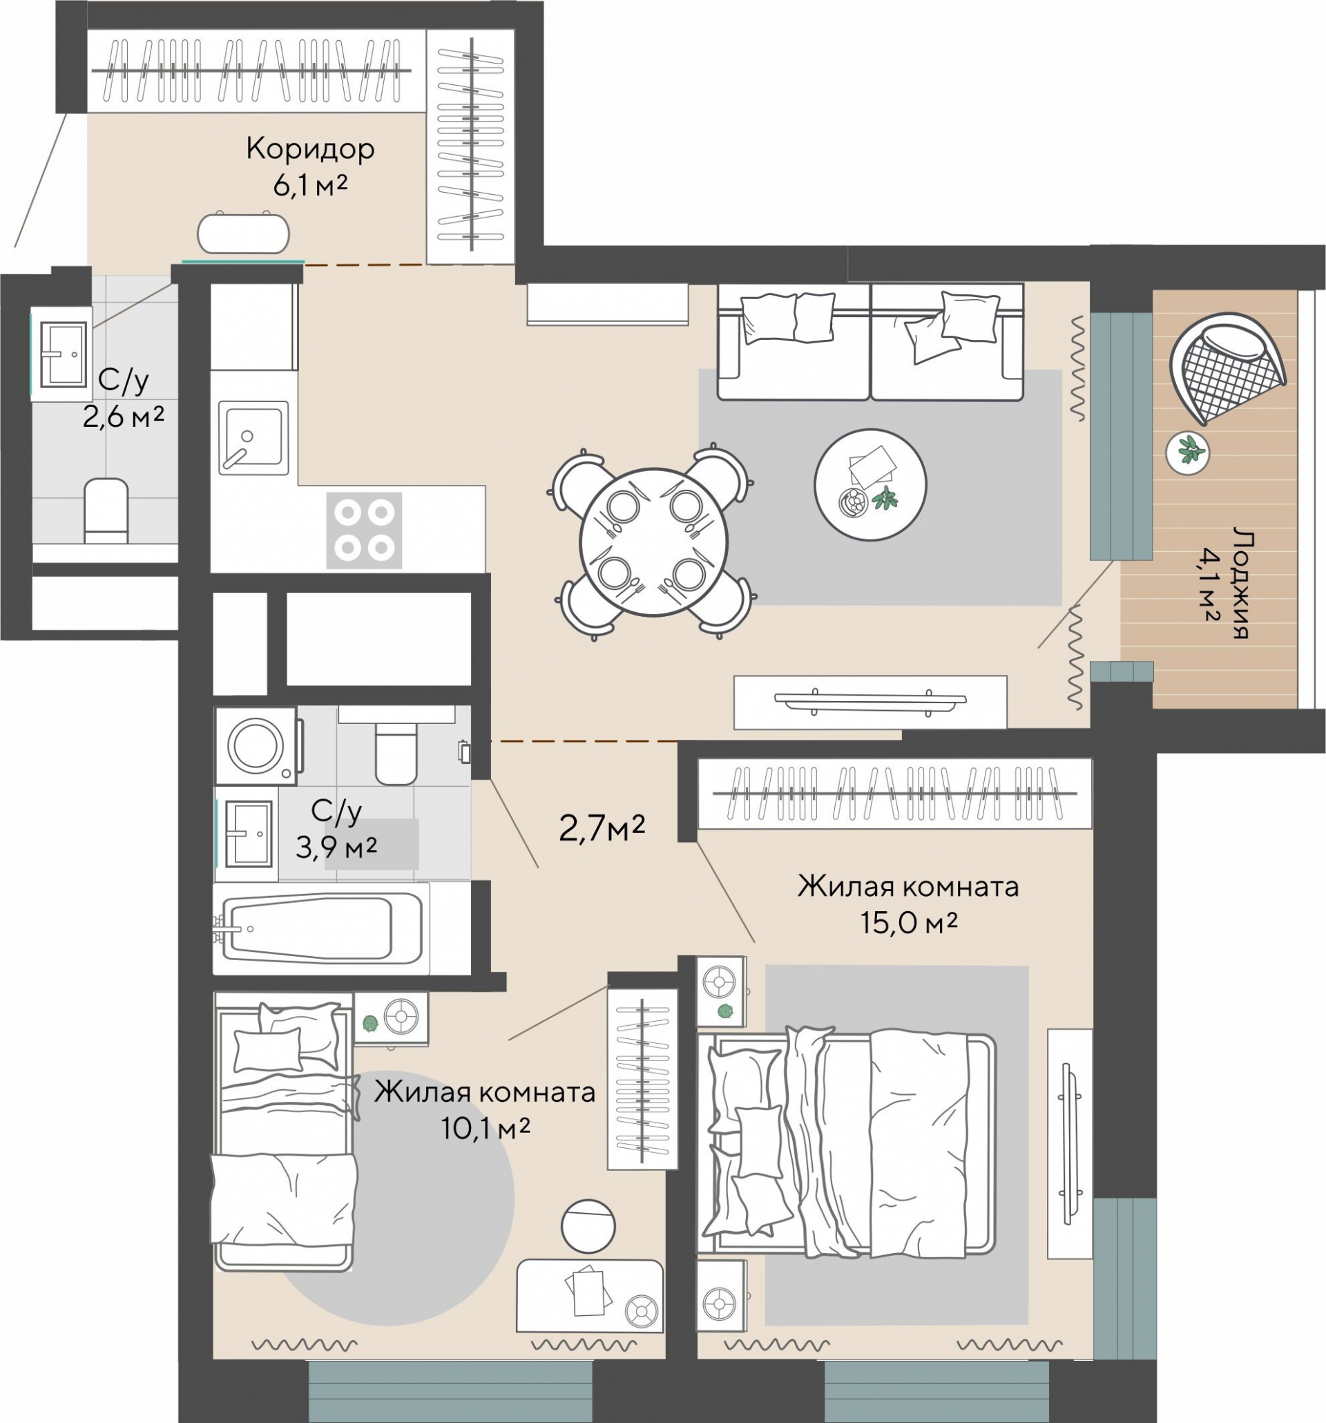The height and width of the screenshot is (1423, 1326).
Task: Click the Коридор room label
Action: [310, 150]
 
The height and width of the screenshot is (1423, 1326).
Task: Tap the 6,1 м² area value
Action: [310, 186]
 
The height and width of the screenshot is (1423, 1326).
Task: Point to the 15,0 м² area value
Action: [908, 923]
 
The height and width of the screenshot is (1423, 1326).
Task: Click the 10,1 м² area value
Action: [486, 1129]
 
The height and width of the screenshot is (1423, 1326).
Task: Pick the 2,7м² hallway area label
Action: [602, 829]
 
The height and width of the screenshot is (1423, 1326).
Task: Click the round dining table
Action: [653, 542]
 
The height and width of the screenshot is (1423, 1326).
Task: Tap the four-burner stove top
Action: [364, 531]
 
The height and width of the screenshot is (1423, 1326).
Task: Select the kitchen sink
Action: [253, 437]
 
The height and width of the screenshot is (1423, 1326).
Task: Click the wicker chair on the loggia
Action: [1226, 367]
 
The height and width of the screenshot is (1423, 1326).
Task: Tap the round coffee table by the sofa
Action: [870, 485]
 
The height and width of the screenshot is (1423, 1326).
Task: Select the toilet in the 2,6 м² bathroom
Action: [106, 510]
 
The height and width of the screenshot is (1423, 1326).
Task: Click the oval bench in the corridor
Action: [244, 233]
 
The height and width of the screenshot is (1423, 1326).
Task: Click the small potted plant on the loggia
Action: [1187, 452]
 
